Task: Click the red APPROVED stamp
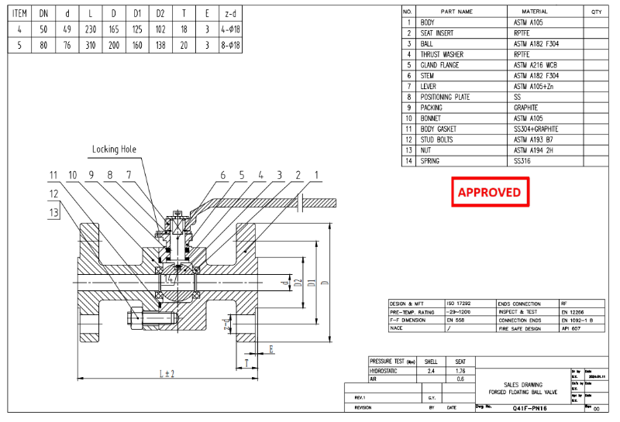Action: (490, 192)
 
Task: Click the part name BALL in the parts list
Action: (428, 44)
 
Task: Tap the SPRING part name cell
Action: (430, 161)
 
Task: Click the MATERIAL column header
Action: (535, 12)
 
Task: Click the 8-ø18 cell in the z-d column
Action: (231, 45)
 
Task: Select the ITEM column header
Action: (20, 13)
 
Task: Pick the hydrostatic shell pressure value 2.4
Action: (432, 371)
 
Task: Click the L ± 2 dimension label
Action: (167, 375)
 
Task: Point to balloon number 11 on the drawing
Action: (53, 176)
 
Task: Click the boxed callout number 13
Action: (53, 211)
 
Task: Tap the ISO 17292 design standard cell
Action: (458, 304)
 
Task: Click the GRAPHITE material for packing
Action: (526, 108)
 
